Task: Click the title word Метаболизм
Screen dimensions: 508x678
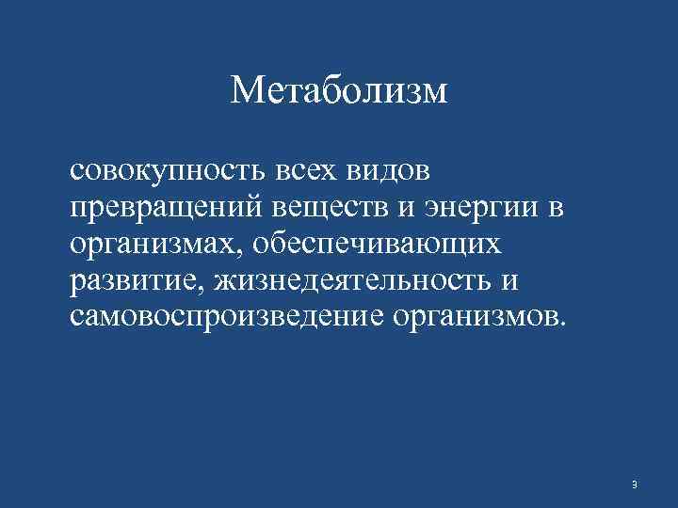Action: coord(339,92)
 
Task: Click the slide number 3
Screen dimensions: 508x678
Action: coord(635,484)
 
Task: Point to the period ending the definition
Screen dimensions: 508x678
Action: coord(564,323)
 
